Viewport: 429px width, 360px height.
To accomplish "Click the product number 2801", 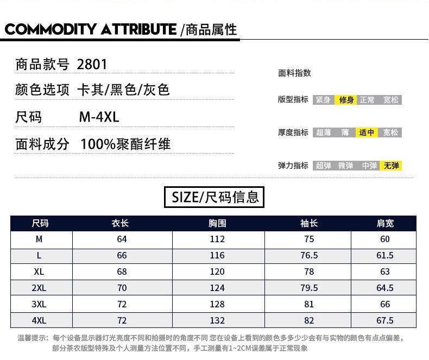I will tap(92, 65).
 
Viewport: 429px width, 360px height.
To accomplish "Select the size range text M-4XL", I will tap(99, 117).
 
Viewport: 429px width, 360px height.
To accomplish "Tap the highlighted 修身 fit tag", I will tap(346, 100).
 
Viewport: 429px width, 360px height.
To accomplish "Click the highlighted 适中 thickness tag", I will tap(368, 132).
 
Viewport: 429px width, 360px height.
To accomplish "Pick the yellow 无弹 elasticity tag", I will tap(391, 166).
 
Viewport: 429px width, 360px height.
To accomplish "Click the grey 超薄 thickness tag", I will tap(323, 132).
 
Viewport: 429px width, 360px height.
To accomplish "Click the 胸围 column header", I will tap(217, 223).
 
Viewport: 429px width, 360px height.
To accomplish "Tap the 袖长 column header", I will tap(309, 223).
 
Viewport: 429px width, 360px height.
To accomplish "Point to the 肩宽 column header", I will tap(385, 223).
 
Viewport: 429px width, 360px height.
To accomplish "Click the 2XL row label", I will tap(39, 288).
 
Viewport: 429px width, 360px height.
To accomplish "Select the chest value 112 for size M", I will tap(217, 239).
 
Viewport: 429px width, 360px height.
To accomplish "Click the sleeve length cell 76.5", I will tap(309, 255).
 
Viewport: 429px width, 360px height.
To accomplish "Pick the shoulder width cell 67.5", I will tap(385, 320).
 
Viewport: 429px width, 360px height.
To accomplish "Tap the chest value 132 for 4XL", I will tap(217, 320).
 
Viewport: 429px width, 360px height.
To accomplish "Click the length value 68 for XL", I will tap(122, 271).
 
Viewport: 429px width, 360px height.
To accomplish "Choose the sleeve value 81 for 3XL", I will tap(309, 304).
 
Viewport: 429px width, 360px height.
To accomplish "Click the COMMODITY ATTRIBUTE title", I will tap(90, 29).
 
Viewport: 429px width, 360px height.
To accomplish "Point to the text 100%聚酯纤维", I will tap(125, 144).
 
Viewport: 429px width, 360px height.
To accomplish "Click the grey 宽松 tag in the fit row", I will tap(390, 100).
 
